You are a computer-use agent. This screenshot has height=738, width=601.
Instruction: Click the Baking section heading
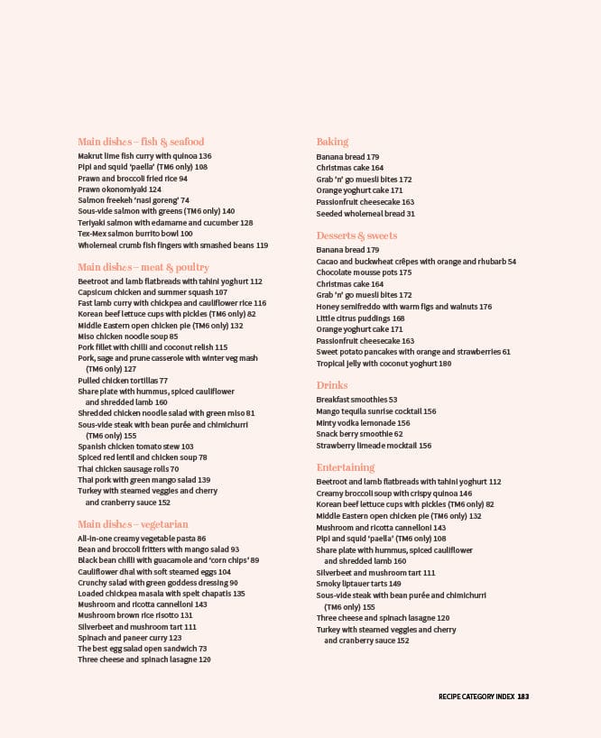coord(332,142)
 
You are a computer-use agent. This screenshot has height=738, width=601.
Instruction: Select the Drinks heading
coord(332,385)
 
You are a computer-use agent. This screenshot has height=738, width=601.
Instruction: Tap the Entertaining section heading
coord(346,467)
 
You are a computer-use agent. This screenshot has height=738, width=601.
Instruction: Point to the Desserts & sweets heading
coord(356,235)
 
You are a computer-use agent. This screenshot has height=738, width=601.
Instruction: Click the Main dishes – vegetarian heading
coord(133,524)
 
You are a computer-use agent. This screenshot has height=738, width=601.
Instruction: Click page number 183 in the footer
coord(522,696)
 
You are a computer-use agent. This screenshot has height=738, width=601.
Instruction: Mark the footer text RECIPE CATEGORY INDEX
coord(476,696)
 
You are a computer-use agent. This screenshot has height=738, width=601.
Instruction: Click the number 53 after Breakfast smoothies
coord(393,400)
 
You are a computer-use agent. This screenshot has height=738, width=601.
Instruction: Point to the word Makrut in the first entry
coord(89,156)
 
